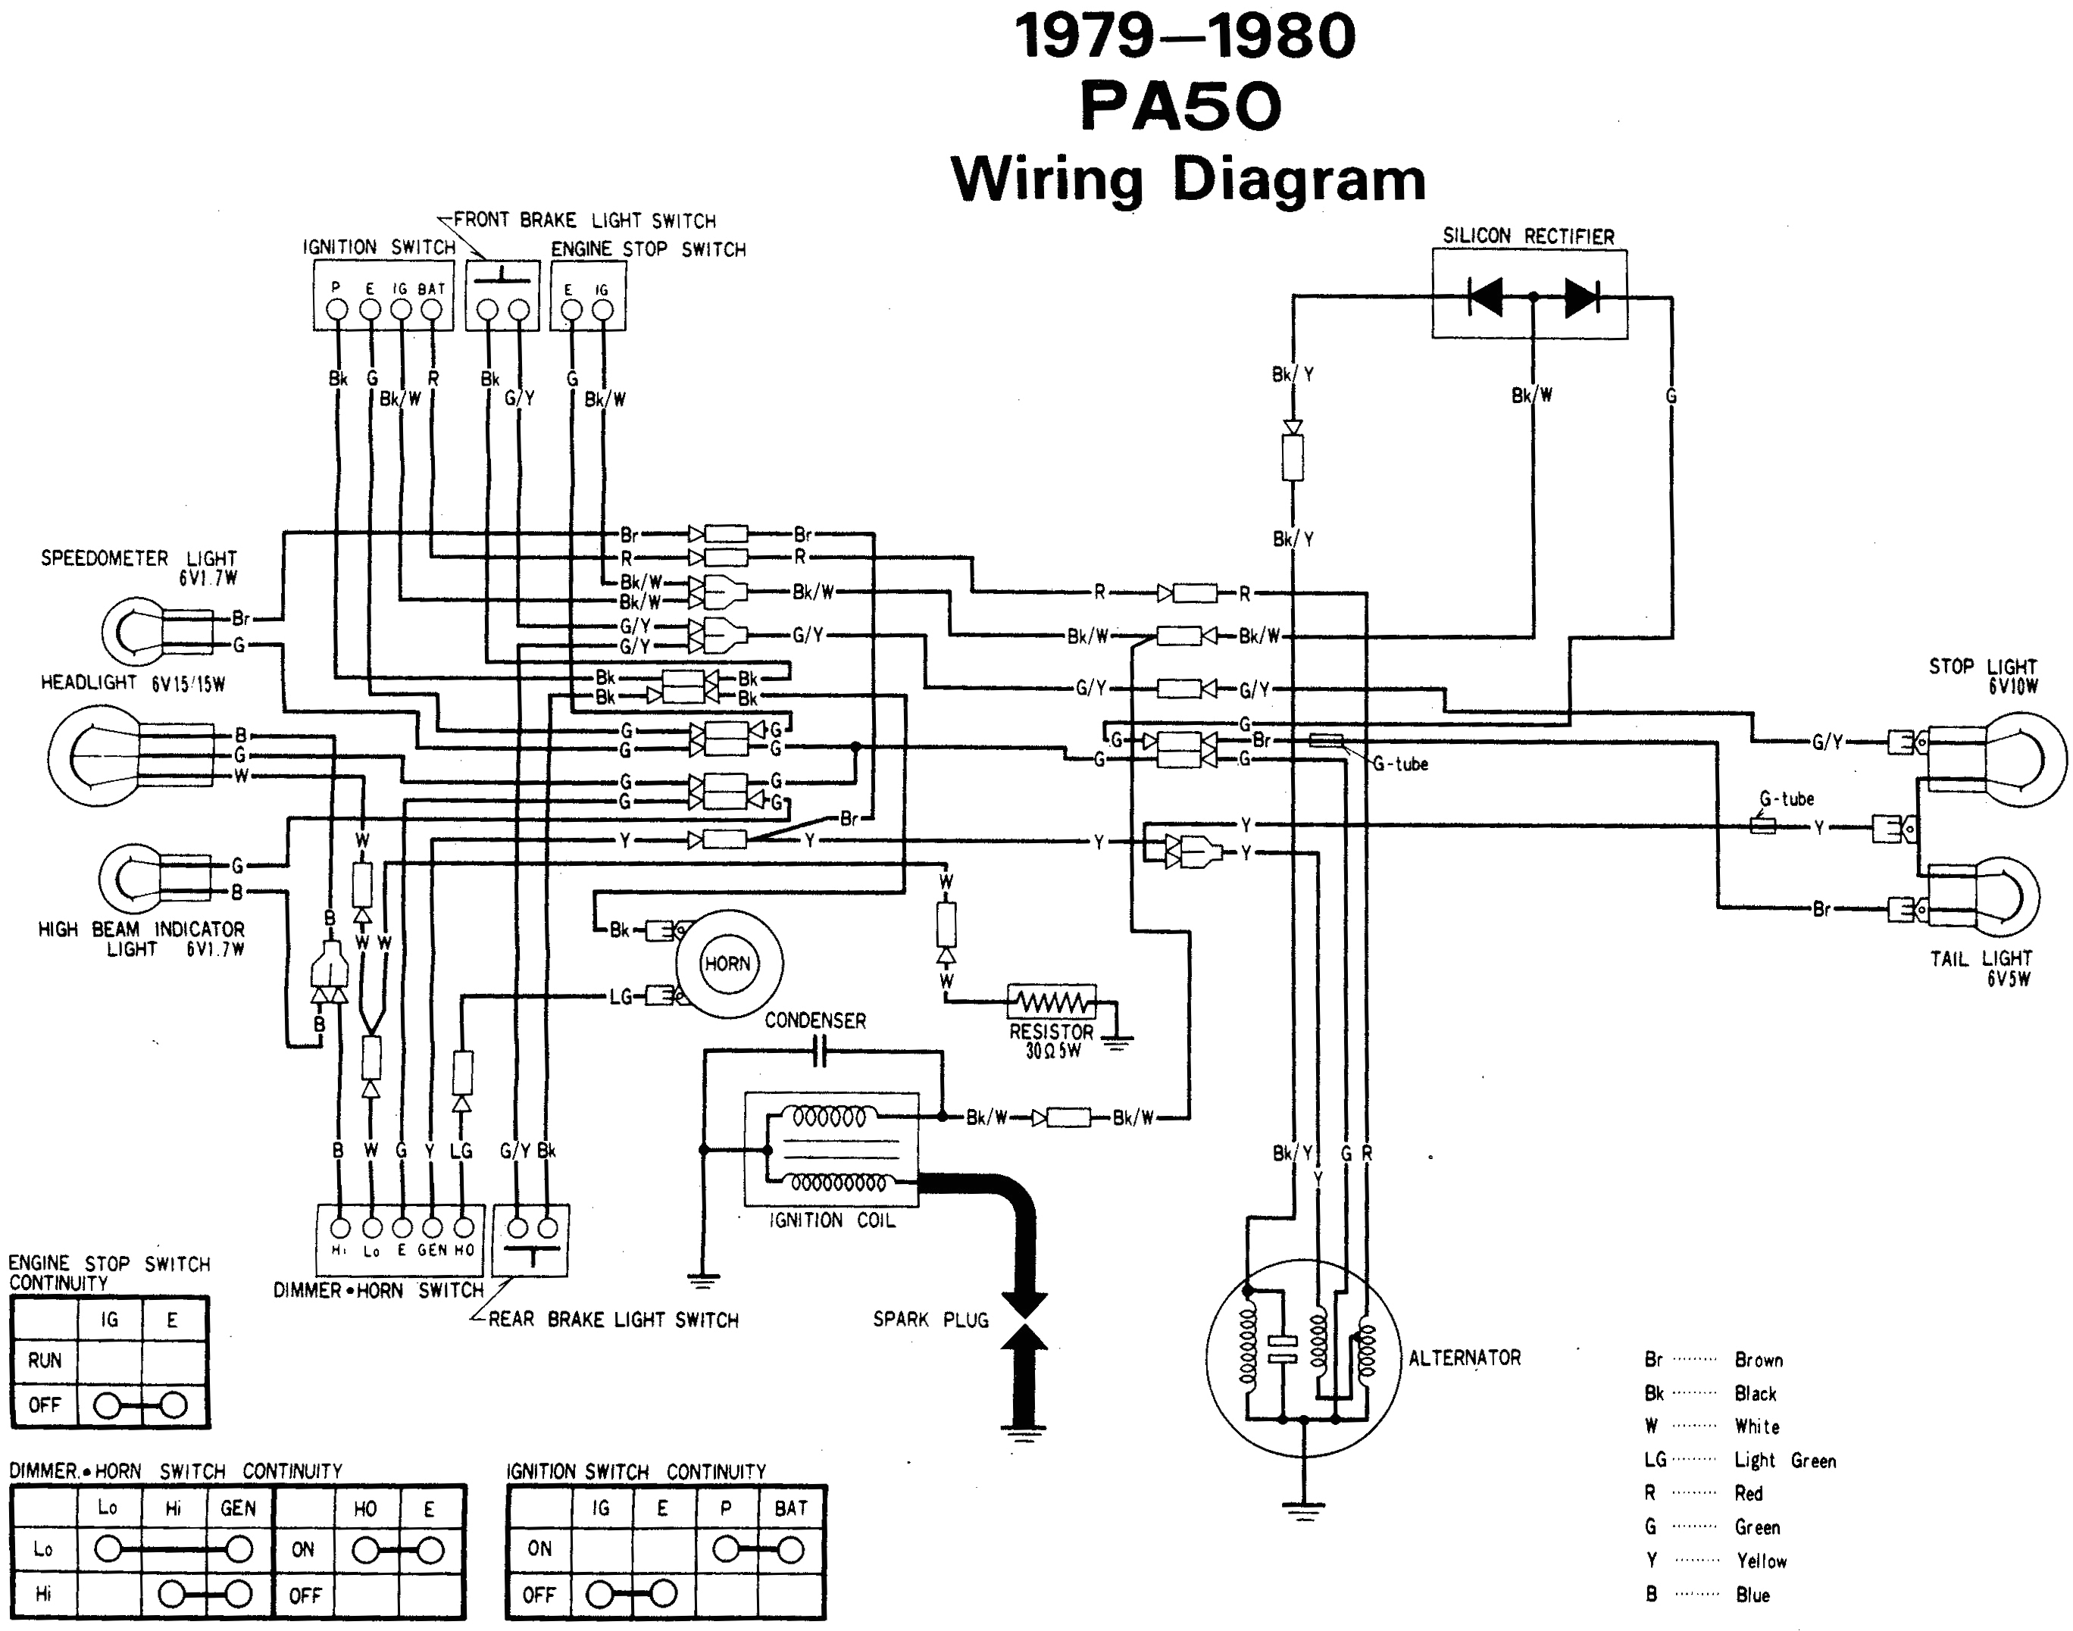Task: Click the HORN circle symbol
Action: (x=729, y=964)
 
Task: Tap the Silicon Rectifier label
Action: (x=1527, y=236)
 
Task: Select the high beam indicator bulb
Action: (x=133, y=879)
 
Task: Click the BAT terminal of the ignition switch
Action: (x=432, y=308)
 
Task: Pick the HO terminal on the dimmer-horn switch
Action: (x=464, y=1228)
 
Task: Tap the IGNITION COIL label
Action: (x=832, y=1220)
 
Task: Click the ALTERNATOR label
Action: (x=1464, y=1357)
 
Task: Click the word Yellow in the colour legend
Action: (x=1761, y=1561)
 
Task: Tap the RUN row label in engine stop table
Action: (x=44, y=1360)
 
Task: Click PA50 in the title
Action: (x=1180, y=106)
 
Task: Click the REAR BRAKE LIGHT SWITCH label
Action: (x=613, y=1320)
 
